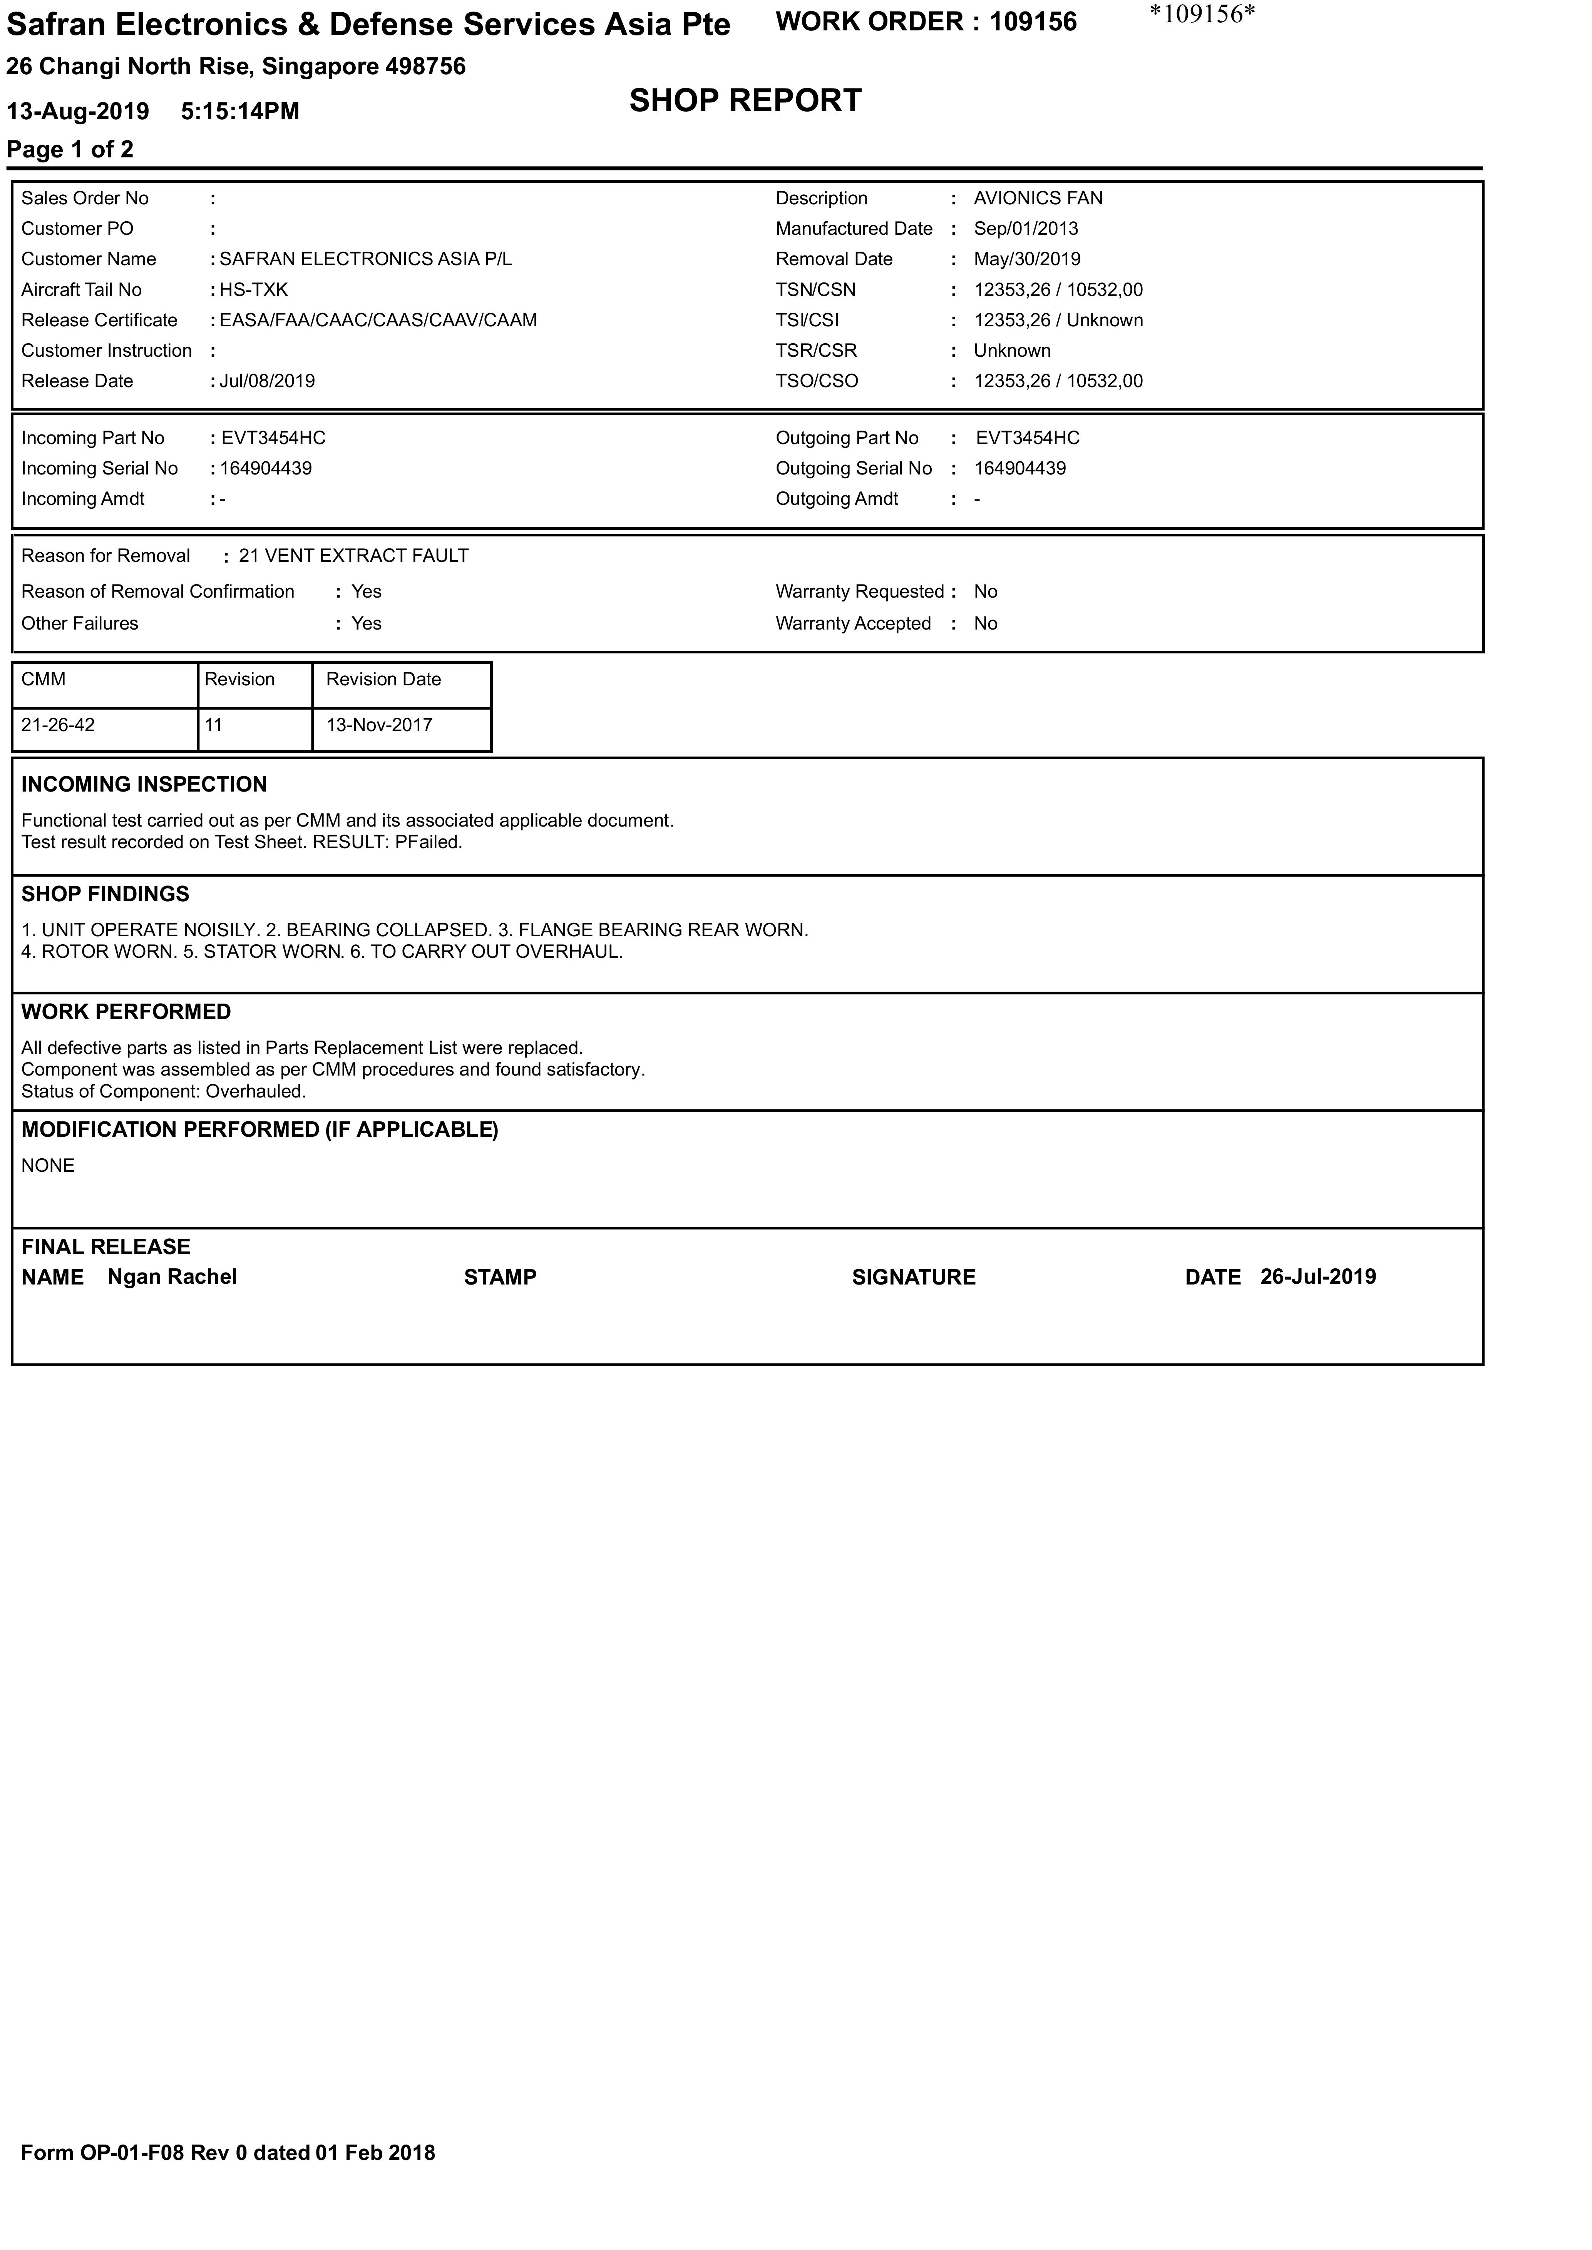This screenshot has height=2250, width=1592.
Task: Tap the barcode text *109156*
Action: point(1202,15)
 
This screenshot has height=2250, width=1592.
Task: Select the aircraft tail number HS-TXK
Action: point(254,290)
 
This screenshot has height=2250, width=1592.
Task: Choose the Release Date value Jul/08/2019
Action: point(267,381)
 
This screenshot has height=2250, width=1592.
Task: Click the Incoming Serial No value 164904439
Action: point(266,468)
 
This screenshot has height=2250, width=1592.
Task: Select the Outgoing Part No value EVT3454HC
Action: point(1027,438)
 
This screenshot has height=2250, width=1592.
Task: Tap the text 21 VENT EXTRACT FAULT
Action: point(354,556)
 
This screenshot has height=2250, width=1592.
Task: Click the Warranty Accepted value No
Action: point(985,623)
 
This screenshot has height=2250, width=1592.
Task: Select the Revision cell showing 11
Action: point(214,725)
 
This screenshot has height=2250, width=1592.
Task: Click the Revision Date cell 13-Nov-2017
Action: point(379,725)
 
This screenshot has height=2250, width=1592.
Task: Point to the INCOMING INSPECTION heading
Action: point(144,784)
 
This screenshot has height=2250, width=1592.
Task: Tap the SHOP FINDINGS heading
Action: point(105,894)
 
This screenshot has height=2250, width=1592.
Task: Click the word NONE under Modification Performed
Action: point(48,1165)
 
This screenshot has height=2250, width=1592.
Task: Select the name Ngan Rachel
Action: point(172,1277)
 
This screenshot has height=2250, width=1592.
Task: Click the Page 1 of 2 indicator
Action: point(70,150)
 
